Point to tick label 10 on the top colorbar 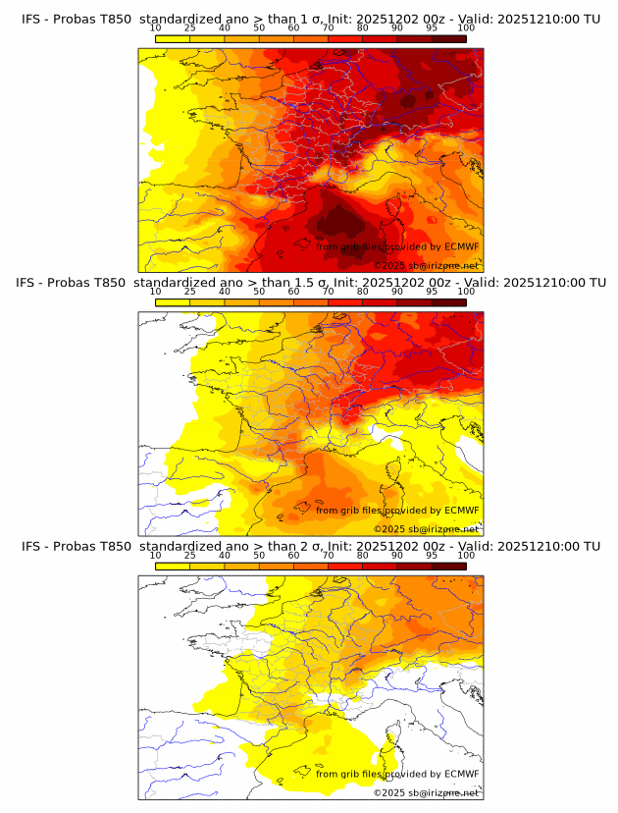[155, 27]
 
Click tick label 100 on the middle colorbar [466, 292]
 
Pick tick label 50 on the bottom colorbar [259, 556]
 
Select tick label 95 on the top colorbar [432, 27]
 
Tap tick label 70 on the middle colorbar [328, 292]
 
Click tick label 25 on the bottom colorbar [189, 556]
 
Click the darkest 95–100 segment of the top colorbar [448, 38]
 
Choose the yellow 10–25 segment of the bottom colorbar [173, 567]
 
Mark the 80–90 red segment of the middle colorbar [380, 302]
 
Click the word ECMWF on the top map [461, 247]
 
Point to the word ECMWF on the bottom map [461, 775]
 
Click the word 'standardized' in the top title [182, 19]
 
